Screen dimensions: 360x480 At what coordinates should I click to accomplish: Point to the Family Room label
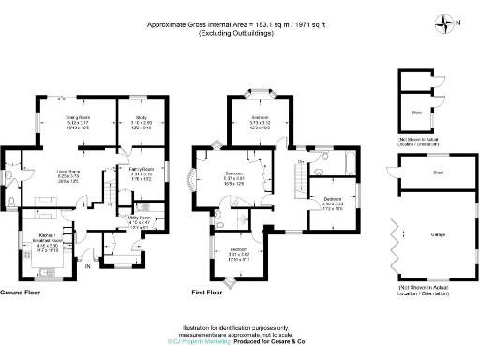pos(142,169)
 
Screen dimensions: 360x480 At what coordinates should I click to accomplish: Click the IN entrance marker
pos(88,266)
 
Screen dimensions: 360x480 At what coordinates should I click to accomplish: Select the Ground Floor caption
pos(24,292)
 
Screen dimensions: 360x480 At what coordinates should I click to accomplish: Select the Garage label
pos(437,233)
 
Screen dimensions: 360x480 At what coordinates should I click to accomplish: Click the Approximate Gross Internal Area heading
pos(239,25)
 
